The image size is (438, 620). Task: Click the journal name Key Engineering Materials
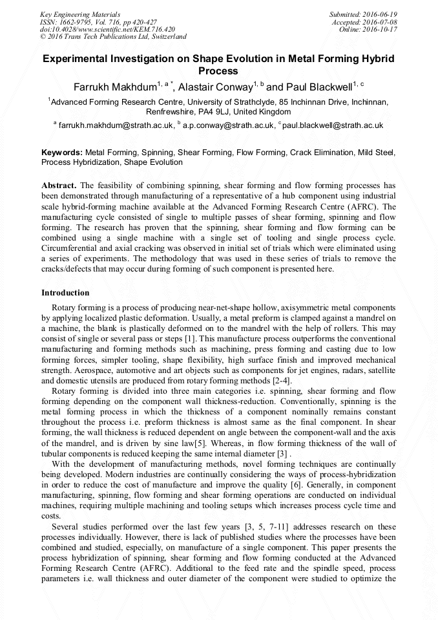point(80,14)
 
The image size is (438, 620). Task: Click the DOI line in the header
point(108,29)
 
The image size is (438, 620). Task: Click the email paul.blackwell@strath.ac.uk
point(333,125)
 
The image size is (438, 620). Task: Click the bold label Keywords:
point(61,153)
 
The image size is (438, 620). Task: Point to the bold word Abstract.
point(59,185)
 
